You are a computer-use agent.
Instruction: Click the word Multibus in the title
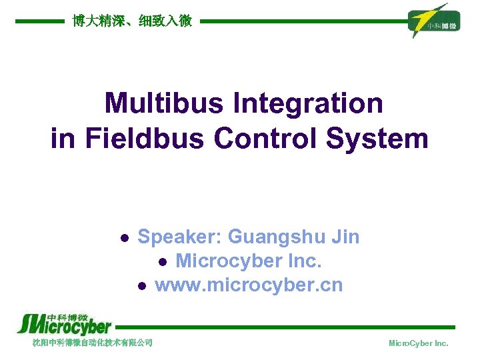pyautogui.click(x=164, y=104)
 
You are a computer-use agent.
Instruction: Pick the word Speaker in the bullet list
pyautogui.click(x=179, y=237)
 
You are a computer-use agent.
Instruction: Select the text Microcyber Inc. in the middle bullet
pyautogui.click(x=249, y=261)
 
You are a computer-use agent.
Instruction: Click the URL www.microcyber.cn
pyautogui.click(x=249, y=285)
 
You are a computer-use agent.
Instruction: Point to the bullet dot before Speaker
pyautogui.click(x=123, y=238)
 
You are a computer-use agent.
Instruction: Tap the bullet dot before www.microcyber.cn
pyautogui.click(x=141, y=287)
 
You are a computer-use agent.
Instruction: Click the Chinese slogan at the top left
pyautogui.click(x=132, y=21)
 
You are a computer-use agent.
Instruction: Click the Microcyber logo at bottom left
pyautogui.click(x=63, y=325)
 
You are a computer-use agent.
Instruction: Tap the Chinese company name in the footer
pyautogui.click(x=93, y=343)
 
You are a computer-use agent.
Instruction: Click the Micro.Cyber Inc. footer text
pyautogui.click(x=418, y=343)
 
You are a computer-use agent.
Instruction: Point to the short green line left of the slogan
pyautogui.click(x=40, y=21)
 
